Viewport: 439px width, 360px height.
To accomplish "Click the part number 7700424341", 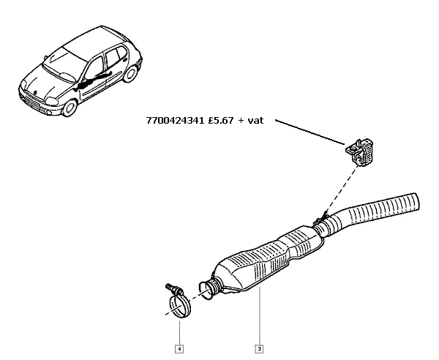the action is pyautogui.click(x=176, y=121).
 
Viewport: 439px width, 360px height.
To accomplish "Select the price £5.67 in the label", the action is pyautogui.click(x=221, y=121).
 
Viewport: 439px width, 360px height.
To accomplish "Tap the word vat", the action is pyautogui.click(x=255, y=121).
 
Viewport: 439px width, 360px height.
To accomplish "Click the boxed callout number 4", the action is pyautogui.click(x=179, y=349).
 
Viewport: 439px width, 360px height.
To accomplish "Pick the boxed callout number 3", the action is pyautogui.click(x=259, y=349).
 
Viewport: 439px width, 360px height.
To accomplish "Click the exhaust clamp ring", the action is pyautogui.click(x=180, y=305).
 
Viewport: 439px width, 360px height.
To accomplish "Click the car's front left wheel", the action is pyautogui.click(x=70, y=108).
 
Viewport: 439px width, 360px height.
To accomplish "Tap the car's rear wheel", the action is pyautogui.click(x=130, y=73).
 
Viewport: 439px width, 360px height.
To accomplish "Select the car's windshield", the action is pyautogui.click(x=60, y=67).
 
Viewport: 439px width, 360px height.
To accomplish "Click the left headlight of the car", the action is pyautogui.click(x=52, y=101).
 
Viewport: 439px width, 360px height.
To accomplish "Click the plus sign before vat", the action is pyautogui.click(x=241, y=121).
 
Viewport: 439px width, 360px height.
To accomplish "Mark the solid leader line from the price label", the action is pyautogui.click(x=310, y=132).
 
